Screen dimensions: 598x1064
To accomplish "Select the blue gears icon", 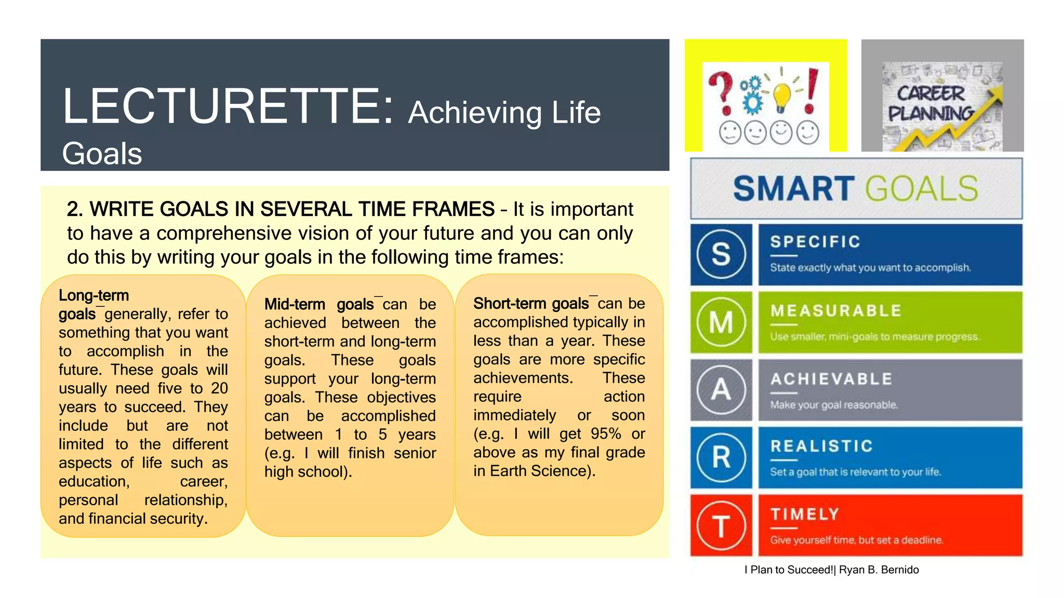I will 752,95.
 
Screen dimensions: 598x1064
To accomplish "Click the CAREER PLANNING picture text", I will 930,103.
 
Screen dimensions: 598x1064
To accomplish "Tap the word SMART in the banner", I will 793,188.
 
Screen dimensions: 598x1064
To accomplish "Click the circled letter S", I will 721,255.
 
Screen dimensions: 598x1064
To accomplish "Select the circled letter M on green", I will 721,322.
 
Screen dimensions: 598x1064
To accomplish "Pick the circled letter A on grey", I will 721,390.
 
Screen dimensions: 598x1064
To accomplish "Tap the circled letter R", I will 721,457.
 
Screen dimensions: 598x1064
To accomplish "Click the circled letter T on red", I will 721,525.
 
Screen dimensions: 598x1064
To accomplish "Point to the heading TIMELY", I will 805,514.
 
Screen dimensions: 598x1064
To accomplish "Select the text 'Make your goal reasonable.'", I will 834,405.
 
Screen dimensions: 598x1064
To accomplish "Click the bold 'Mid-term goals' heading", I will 318,304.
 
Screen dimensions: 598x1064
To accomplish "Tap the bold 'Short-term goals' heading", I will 530,304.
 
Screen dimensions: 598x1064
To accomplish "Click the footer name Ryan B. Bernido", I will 879,570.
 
